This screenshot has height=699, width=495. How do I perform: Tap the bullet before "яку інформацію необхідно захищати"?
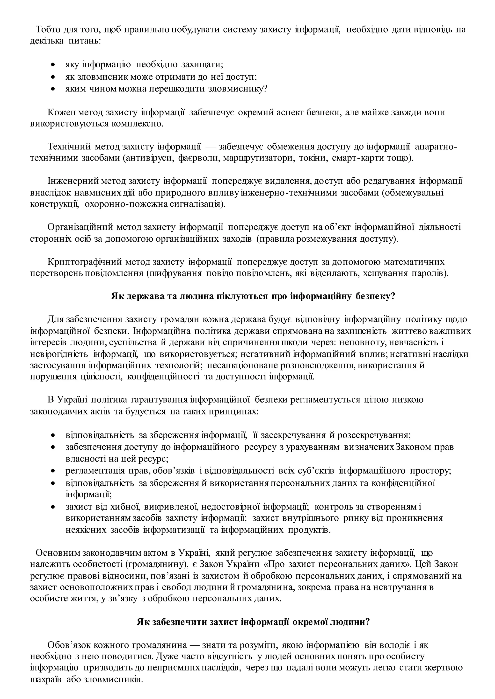53,65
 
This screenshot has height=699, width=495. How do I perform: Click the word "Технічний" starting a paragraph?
69,147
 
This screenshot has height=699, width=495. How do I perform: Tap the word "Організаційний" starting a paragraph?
80,227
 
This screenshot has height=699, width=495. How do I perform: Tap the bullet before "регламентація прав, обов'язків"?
53,471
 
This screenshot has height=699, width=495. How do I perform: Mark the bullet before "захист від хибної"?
53,507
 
